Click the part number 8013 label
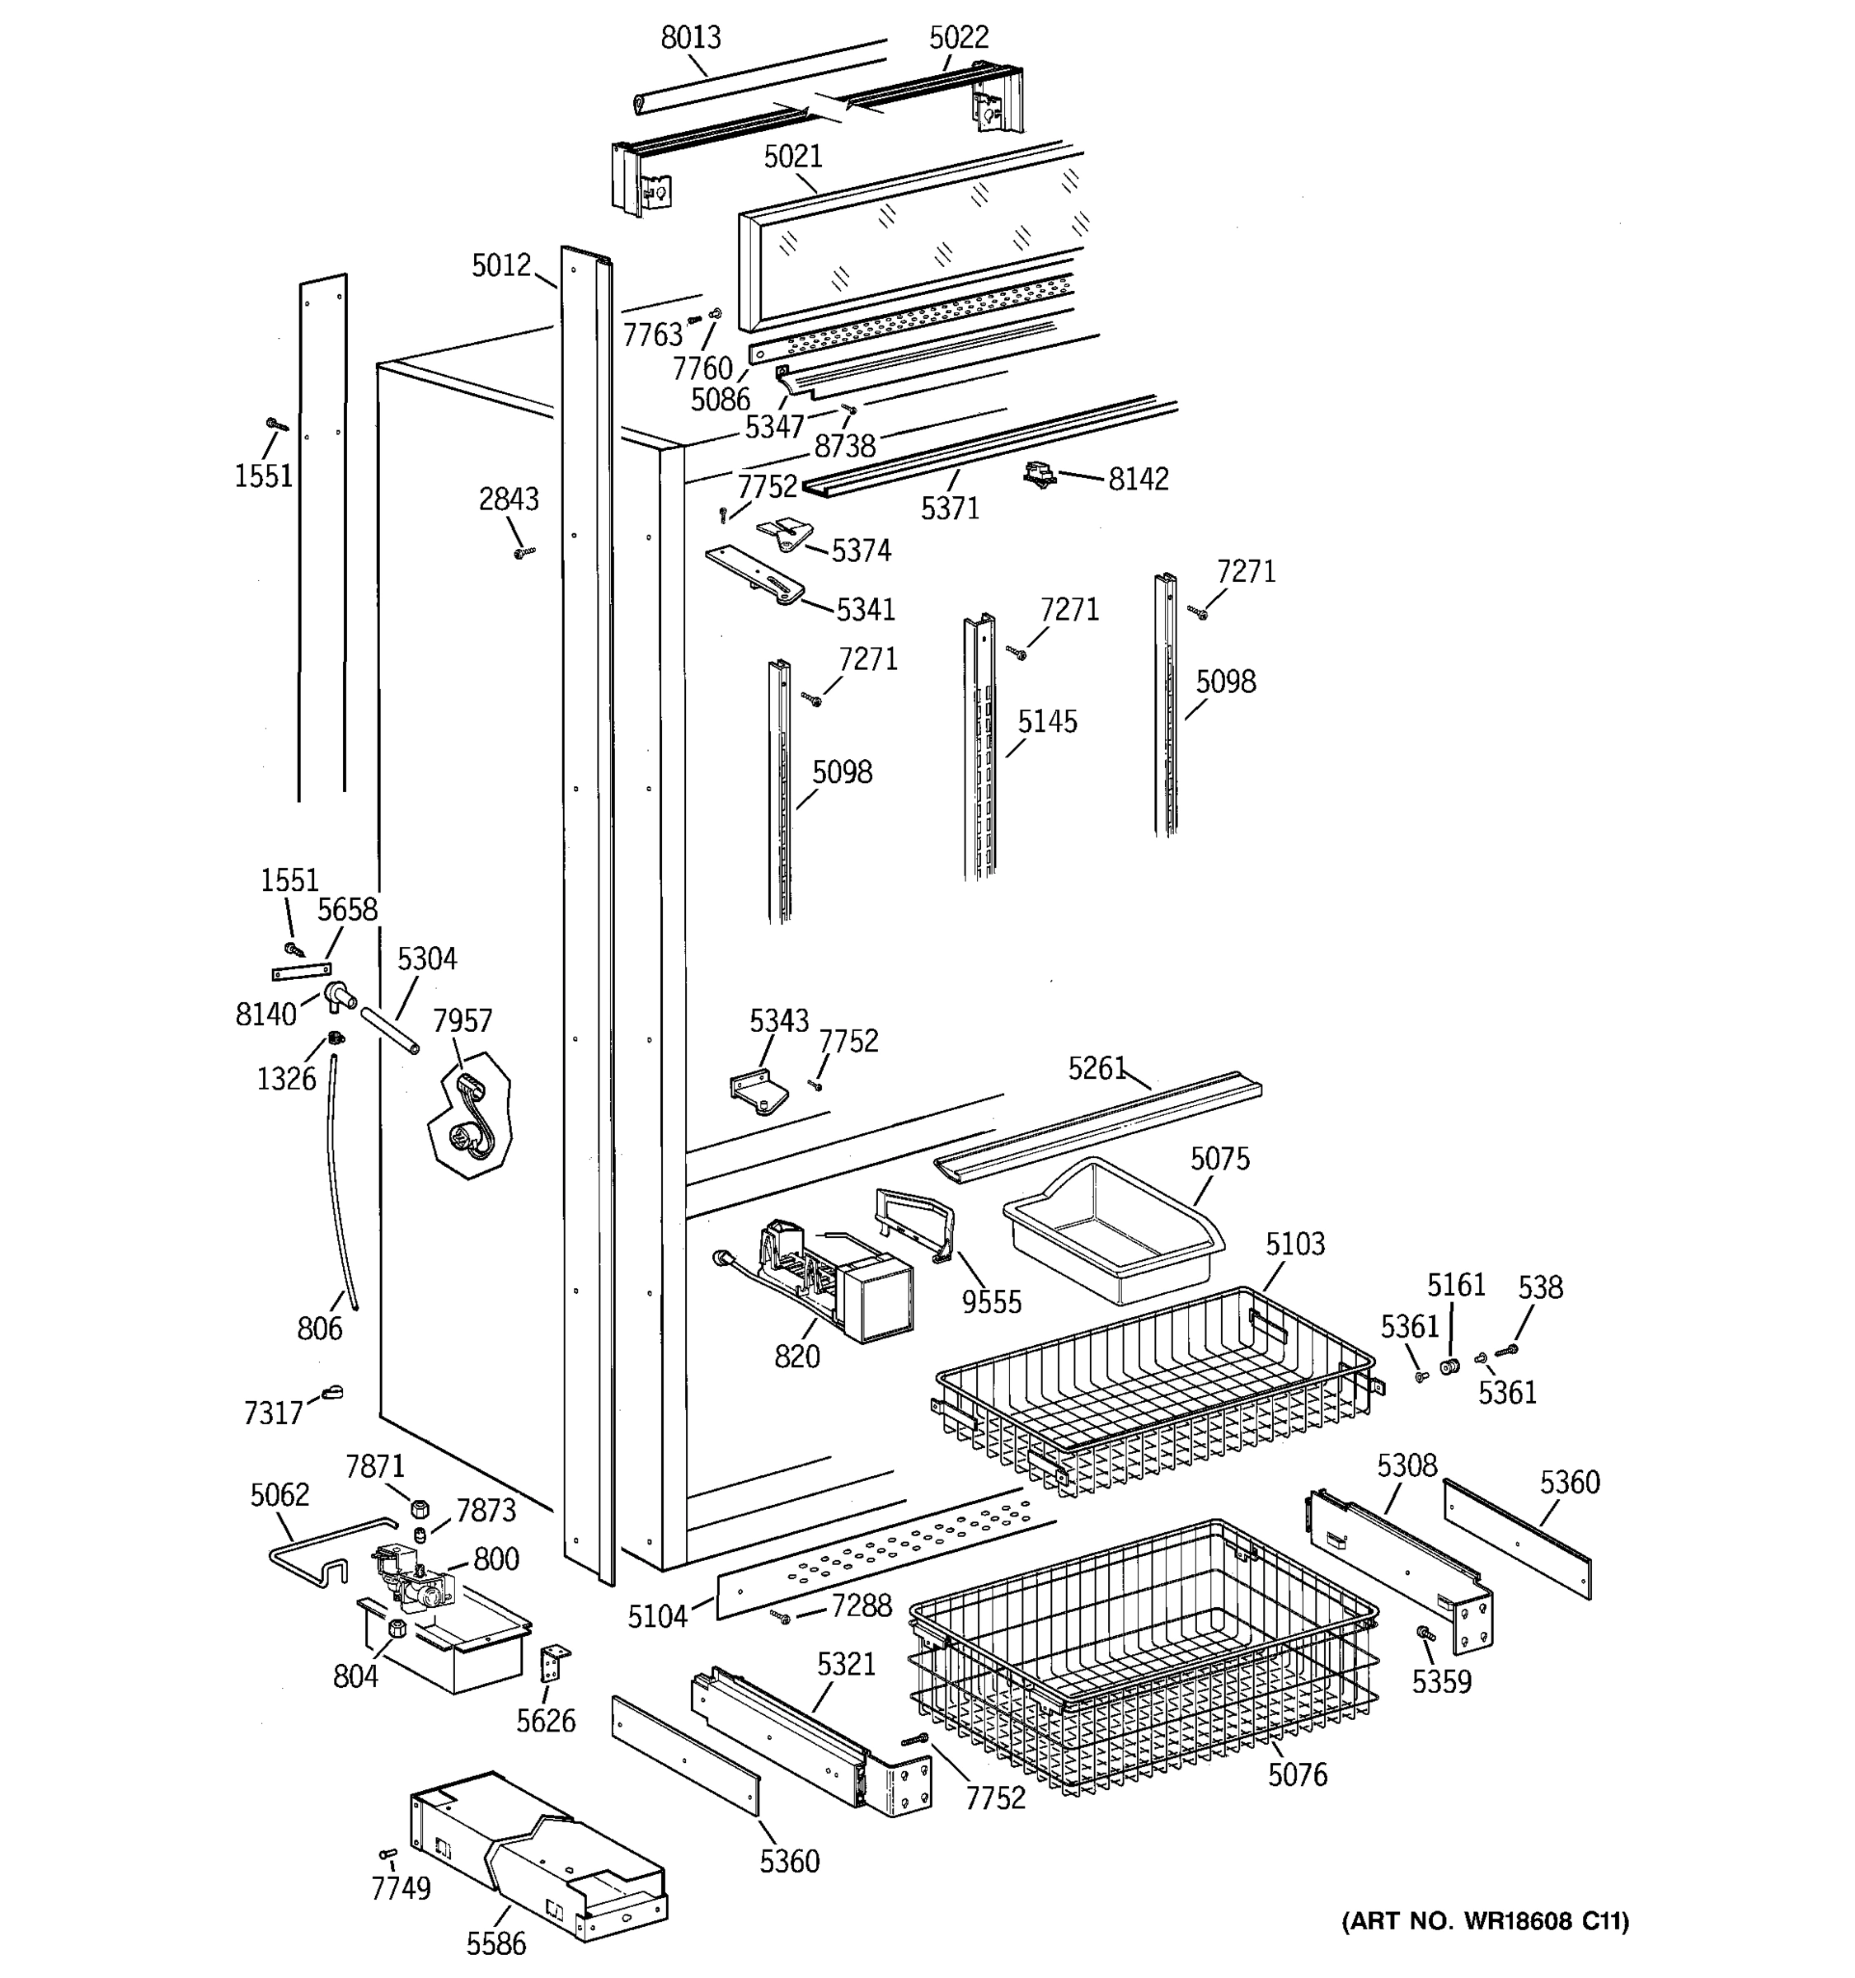click(x=691, y=38)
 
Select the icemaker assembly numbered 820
click(x=836, y=1278)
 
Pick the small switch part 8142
click(x=1039, y=476)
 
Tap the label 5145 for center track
click(x=1047, y=721)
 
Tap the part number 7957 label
click(x=463, y=1021)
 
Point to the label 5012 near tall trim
click(x=501, y=265)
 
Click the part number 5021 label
click(x=793, y=157)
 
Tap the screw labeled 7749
click(x=388, y=1853)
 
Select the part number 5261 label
click(x=1097, y=1069)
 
